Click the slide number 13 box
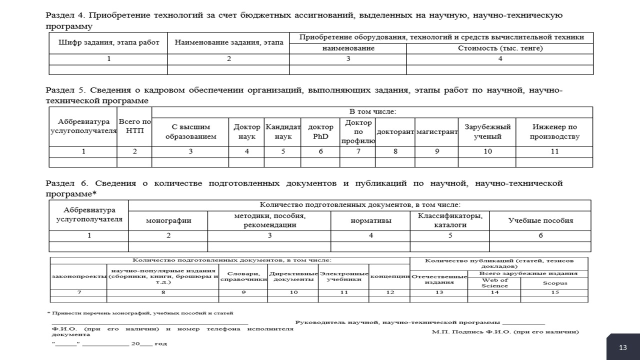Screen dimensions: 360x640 coord(623,347)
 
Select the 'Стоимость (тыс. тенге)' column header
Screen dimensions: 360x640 coord(500,48)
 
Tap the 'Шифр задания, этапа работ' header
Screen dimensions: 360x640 coord(108,43)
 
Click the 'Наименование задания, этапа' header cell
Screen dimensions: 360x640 coord(228,43)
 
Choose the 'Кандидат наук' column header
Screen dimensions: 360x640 coord(283,132)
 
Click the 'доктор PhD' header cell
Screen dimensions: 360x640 coord(321,132)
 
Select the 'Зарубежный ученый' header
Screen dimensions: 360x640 coord(487,132)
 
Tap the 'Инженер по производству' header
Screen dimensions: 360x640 coord(554,132)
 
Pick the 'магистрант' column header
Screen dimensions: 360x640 coord(436,132)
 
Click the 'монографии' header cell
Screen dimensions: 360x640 coord(168,220)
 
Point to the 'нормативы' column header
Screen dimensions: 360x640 coord(370,220)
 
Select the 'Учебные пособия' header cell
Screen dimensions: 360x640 coord(540,220)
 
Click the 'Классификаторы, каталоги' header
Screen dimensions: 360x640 coord(450,220)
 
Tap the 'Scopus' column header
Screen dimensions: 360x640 coord(554,283)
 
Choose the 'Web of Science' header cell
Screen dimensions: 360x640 coord(494,283)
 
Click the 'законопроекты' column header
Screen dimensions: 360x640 coord(78,276)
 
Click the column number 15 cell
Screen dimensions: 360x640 coord(554,292)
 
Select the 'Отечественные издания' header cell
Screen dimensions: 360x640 coord(438,279)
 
